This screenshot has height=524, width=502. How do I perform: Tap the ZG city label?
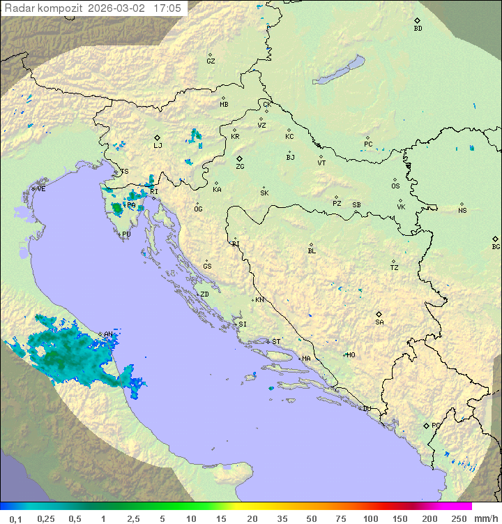(x=240, y=167)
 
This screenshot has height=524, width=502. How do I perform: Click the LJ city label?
(x=158, y=146)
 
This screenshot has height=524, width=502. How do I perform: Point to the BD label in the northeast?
(x=418, y=29)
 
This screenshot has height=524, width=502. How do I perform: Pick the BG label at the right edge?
(x=496, y=247)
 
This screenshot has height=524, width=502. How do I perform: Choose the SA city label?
(x=379, y=322)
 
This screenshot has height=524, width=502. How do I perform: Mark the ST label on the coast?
(x=276, y=342)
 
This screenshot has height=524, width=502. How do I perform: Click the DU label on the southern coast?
(x=366, y=409)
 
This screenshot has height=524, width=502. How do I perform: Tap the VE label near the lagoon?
(x=41, y=189)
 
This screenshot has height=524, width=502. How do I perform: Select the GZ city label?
(x=211, y=61)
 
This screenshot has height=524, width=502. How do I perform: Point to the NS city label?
(x=462, y=211)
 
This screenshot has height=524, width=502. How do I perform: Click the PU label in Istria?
(x=126, y=235)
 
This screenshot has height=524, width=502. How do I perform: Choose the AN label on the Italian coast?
(x=108, y=335)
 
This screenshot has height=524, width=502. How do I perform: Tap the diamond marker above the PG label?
(x=426, y=425)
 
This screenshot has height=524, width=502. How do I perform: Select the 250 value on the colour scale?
(x=458, y=518)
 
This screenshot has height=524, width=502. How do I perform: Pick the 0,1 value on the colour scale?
(x=15, y=518)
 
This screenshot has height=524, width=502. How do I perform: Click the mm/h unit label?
(x=485, y=518)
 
